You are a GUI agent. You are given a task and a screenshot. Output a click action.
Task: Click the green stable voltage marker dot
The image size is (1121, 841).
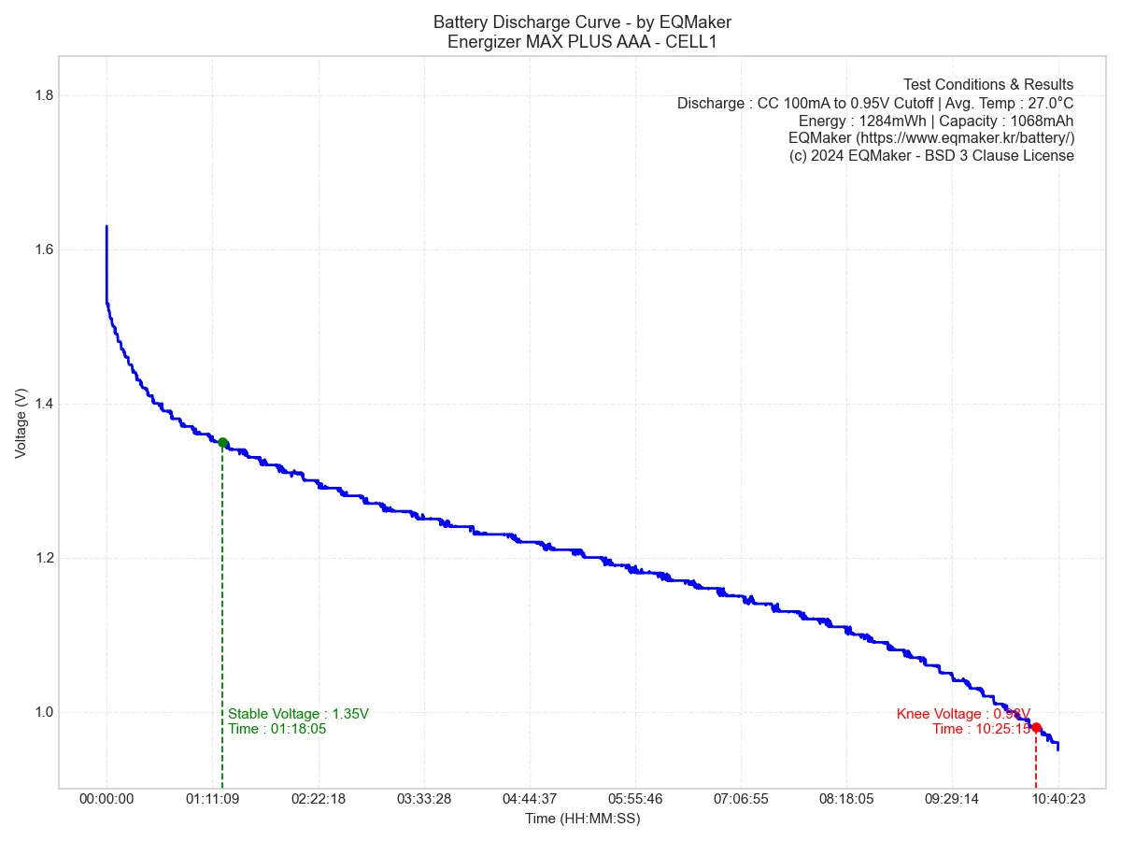click(x=222, y=443)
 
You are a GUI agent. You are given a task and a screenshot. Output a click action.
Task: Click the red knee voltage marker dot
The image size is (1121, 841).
click(x=1036, y=727)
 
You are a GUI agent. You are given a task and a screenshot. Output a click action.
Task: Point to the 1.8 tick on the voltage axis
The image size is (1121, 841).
click(x=43, y=95)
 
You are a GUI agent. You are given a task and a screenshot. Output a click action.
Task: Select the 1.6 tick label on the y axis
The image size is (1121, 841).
click(x=43, y=249)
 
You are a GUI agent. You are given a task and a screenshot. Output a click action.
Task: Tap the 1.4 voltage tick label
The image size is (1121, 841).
click(x=43, y=404)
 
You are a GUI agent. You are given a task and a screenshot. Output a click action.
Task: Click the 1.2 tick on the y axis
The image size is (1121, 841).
click(x=43, y=558)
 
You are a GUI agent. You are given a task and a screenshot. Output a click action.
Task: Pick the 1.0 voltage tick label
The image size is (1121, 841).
click(x=43, y=712)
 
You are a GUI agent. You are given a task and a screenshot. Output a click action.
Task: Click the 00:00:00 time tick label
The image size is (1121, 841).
click(x=106, y=799)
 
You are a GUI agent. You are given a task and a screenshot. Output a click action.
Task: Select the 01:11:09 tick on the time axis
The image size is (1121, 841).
click(x=213, y=799)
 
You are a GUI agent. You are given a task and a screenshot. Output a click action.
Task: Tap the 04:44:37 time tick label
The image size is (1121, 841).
click(x=530, y=799)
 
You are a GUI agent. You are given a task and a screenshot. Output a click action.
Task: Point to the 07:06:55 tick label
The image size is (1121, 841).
click(x=741, y=799)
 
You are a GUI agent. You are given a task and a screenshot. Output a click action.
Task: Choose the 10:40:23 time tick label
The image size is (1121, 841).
click(x=1057, y=799)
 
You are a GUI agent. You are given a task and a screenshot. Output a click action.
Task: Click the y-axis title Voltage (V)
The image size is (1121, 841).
click(x=21, y=423)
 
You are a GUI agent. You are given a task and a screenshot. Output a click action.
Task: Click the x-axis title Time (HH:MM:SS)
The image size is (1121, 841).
click(x=582, y=819)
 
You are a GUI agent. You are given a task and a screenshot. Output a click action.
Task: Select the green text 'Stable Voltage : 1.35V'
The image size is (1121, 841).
click(x=298, y=714)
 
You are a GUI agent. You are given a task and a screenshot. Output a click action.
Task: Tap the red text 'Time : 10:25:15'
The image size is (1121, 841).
click(x=981, y=729)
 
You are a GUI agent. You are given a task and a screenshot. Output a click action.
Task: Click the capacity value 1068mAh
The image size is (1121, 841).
click(x=1042, y=121)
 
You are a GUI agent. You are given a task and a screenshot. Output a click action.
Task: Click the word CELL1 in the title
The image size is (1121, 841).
click(x=690, y=41)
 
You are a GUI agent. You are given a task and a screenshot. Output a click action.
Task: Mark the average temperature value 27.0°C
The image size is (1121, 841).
click(x=1043, y=103)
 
